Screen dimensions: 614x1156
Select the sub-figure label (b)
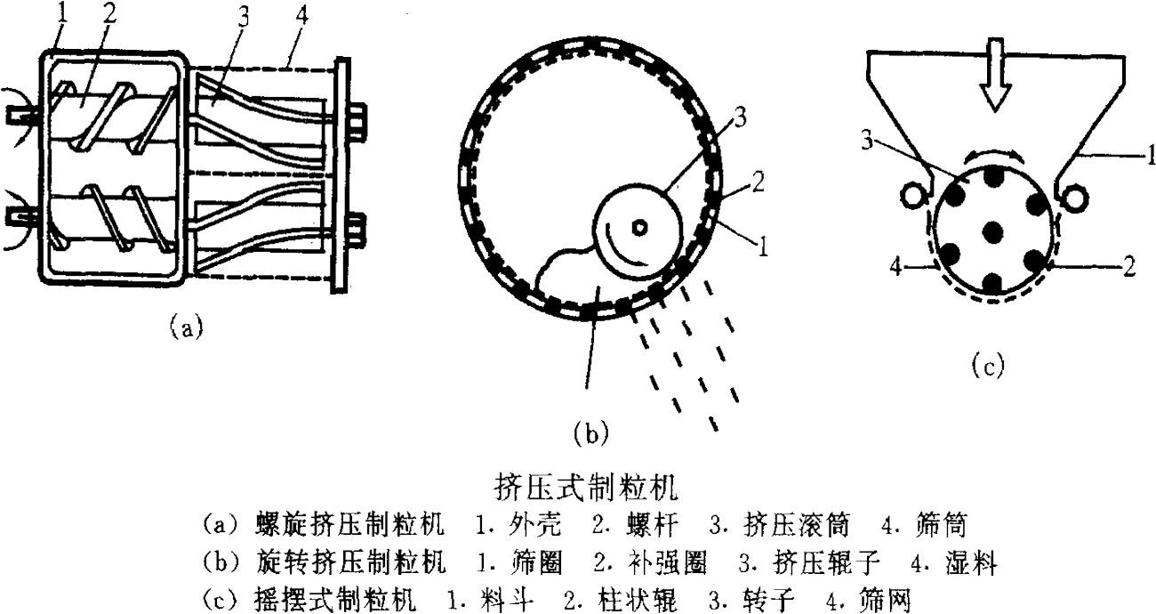pyautogui.click(x=590, y=433)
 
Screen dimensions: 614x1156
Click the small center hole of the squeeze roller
pyautogui.click(x=638, y=226)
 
